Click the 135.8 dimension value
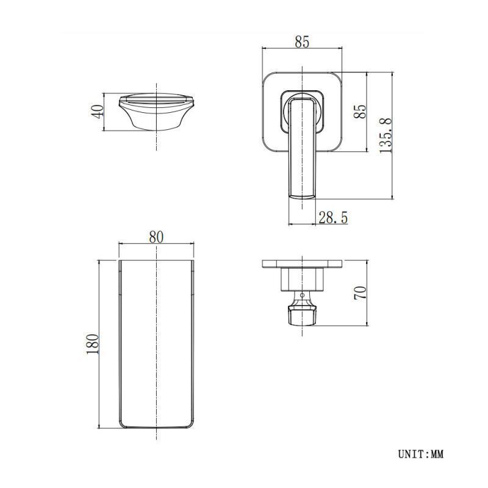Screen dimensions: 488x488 coord(386,135)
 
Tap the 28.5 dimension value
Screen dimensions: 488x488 coord(333,217)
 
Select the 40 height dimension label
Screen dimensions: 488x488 coord(98,112)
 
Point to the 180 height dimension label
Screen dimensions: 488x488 coord(93,344)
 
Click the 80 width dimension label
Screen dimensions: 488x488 coord(156,237)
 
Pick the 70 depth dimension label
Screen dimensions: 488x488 coord(361,293)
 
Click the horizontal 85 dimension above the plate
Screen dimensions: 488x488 coord(302,42)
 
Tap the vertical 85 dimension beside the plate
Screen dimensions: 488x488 coord(361,111)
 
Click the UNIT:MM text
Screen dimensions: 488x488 coord(421,454)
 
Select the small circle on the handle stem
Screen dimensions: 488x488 coord(302,295)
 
